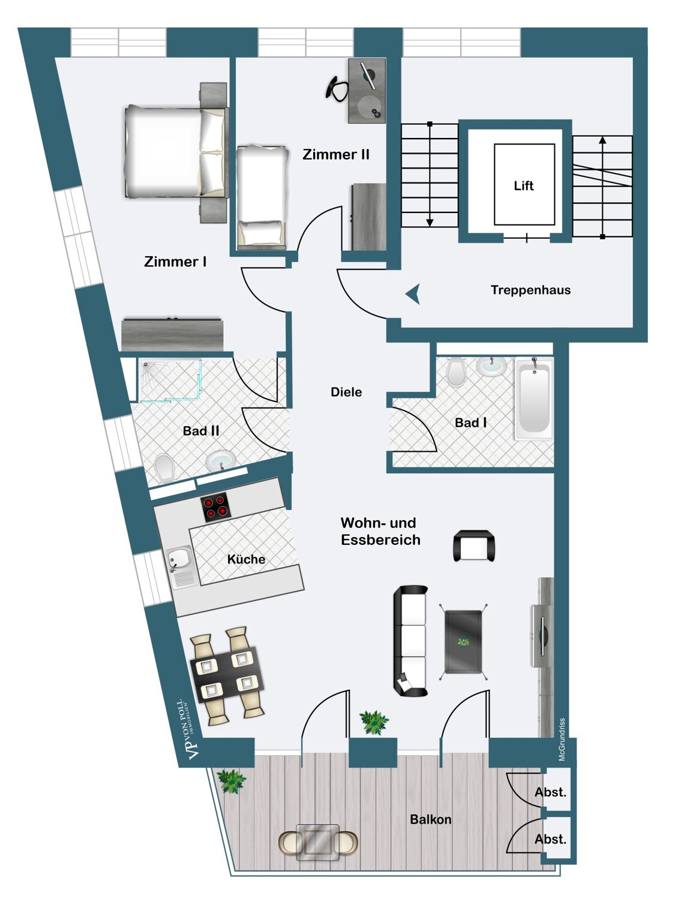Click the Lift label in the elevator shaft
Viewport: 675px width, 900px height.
coord(524,186)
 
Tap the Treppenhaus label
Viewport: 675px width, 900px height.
coord(531,290)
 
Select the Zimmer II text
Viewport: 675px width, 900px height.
coord(335,155)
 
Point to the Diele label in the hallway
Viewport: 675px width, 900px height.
coord(346,392)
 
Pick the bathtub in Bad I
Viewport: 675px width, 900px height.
coord(533,399)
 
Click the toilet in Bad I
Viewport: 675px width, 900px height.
coord(456,371)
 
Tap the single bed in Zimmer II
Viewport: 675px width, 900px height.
coord(262,197)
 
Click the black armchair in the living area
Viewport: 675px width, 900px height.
coord(474,545)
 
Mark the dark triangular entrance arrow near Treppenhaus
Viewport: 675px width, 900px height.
coord(413,293)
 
